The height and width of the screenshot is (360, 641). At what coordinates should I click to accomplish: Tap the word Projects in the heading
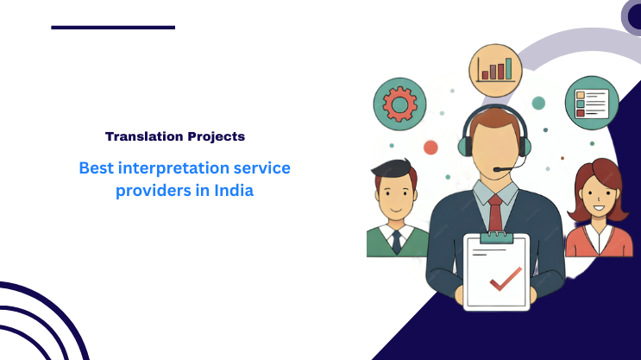click(x=215, y=136)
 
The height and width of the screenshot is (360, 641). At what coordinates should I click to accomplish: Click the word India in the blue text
click(x=233, y=191)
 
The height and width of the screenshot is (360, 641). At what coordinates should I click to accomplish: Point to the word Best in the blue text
click(x=96, y=167)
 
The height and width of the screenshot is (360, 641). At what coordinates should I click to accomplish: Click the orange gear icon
click(x=399, y=105)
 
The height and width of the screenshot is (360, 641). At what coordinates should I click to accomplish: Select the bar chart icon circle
click(x=497, y=68)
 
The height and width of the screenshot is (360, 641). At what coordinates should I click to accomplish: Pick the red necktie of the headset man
click(x=495, y=212)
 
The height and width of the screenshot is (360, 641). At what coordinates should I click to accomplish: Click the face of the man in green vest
click(x=395, y=195)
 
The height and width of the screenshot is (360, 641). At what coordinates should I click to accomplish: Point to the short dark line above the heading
click(x=113, y=28)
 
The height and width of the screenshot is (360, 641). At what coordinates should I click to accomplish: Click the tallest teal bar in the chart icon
click(x=508, y=67)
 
